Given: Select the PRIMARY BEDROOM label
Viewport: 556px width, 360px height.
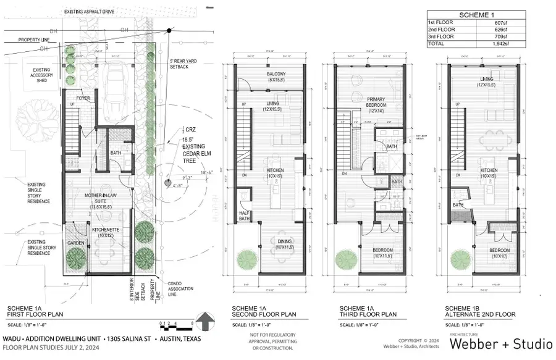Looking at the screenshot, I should [x=376, y=103].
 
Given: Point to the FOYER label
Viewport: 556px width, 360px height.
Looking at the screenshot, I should [x=83, y=98].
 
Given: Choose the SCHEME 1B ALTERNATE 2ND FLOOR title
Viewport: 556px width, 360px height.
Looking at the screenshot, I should [x=479, y=312].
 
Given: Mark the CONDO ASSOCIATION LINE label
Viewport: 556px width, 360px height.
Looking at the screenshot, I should [x=180, y=288].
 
